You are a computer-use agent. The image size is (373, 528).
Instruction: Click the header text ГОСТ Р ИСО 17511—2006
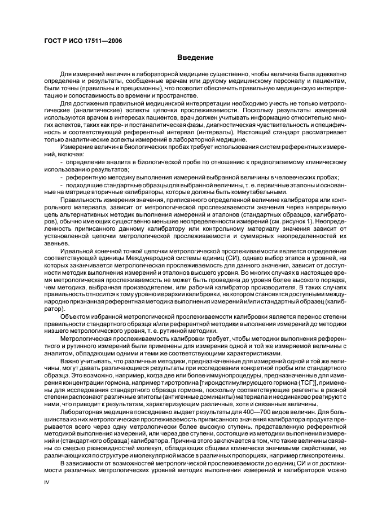point(83,41)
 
